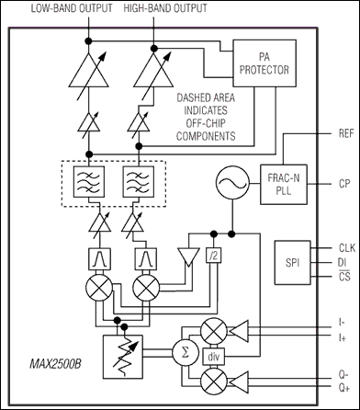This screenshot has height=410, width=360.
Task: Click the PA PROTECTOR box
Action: [264, 63]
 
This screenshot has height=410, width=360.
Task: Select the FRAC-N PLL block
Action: [284, 184]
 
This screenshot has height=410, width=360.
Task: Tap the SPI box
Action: [293, 262]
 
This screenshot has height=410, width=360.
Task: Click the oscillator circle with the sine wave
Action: [232, 183]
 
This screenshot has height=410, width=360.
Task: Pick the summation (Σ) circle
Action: [186, 353]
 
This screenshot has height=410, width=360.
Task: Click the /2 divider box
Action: [213, 256]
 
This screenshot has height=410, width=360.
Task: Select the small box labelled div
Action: [214, 356]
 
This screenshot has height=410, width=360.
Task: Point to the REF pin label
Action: [346, 134]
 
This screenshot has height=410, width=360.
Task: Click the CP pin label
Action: [344, 184]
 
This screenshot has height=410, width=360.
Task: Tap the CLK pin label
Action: [347, 247]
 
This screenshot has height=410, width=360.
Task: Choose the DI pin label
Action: [342, 263]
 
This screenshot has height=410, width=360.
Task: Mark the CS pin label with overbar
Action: [344, 277]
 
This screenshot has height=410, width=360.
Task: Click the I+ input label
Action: [343, 338]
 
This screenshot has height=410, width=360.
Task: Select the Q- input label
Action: [343, 375]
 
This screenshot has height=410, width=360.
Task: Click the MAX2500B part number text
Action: [56, 365]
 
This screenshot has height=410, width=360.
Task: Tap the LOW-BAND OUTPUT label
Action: [72, 8]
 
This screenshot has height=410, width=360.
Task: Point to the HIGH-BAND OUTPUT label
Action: [165, 8]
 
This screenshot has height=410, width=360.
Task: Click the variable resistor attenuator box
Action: [123, 357]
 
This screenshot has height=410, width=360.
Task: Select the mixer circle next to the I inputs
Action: [214, 331]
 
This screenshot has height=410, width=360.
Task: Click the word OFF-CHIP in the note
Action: [206, 123]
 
